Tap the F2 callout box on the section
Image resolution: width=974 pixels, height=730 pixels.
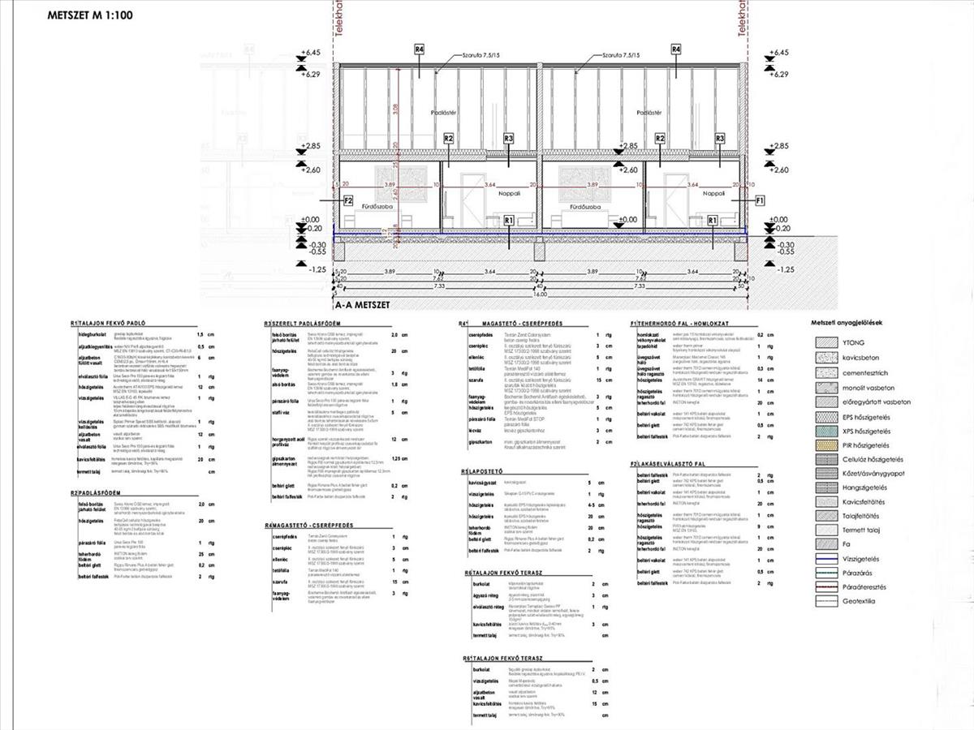click(348, 200)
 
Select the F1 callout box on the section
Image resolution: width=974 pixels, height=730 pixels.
click(760, 200)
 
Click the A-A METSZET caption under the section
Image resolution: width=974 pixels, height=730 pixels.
click(364, 307)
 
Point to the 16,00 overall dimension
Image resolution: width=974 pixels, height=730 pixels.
click(538, 294)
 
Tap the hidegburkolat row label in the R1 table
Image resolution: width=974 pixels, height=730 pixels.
click(92, 334)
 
